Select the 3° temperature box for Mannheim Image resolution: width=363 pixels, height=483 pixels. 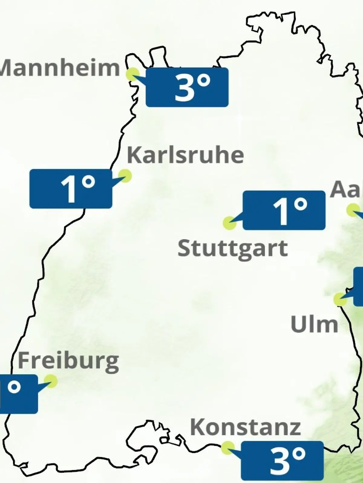(187, 87)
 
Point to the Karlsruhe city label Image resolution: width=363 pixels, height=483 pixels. (185, 155)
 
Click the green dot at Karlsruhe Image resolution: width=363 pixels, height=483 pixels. (125, 176)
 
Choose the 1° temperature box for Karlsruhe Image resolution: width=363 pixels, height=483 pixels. (71, 189)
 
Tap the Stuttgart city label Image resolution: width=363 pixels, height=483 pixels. (232, 249)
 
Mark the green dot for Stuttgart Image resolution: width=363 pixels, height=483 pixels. (229, 223)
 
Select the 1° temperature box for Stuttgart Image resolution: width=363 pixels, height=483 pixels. (284, 210)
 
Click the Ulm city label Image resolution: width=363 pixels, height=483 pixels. (314, 324)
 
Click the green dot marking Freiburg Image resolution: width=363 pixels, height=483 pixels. (51, 381)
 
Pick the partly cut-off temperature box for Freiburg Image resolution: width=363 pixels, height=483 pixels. (18, 394)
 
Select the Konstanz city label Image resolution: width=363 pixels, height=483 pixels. (245, 427)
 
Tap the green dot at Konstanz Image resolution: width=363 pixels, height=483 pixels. (227, 448)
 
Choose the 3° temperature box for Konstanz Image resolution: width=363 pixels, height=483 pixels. (282, 460)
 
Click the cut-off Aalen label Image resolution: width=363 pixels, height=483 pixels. (346, 190)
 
